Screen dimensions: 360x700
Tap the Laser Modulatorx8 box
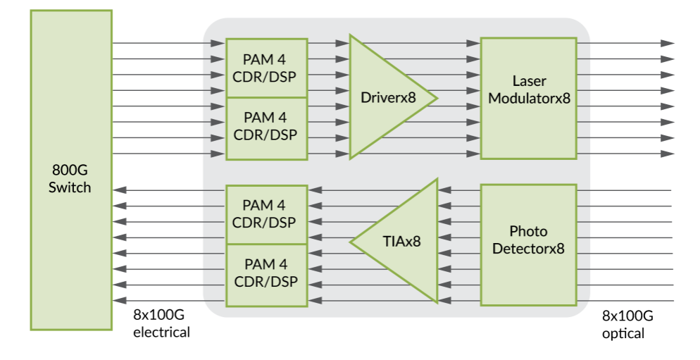[x=528, y=99]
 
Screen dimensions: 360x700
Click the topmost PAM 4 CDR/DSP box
[x=266, y=68]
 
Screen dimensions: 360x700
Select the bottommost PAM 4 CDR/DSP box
[x=266, y=274]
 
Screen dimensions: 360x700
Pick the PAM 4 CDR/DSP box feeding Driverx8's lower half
[x=266, y=128]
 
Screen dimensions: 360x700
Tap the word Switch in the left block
[x=70, y=187]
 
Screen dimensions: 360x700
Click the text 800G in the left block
[x=70, y=171]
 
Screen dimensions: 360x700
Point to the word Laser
[x=529, y=81]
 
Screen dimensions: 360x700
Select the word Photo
[x=528, y=231]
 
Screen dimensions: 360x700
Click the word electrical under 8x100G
[x=161, y=332]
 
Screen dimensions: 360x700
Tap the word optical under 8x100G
[x=623, y=333]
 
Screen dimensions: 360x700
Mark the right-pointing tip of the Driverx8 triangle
[x=437, y=98]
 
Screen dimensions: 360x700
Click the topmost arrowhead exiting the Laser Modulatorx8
[x=668, y=43]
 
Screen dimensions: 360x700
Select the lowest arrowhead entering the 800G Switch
[x=119, y=302]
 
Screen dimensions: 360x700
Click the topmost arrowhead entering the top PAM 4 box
[x=219, y=43]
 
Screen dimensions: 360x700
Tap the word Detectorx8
[x=528, y=248]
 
